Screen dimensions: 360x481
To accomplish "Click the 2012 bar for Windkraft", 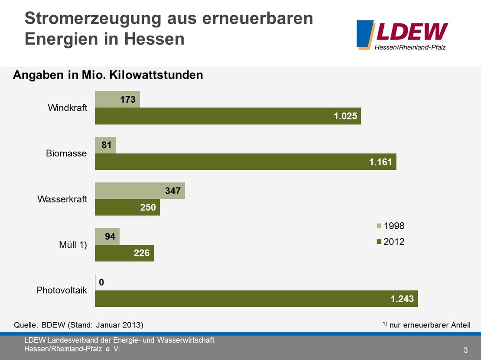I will click(228, 116).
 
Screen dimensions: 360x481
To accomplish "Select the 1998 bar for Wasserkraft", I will click(140, 191).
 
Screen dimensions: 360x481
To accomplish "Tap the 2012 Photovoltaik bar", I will click(256, 298).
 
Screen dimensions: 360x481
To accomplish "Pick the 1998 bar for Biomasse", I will click(106, 145).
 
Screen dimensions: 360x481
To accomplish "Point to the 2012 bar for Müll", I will click(124, 253).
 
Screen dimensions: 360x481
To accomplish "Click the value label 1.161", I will click(380, 162).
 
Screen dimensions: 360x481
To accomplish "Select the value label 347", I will click(172, 191).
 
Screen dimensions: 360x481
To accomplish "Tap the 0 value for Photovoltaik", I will click(101, 282).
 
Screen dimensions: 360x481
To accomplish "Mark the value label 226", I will click(141, 253).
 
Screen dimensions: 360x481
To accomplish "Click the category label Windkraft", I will click(67, 108).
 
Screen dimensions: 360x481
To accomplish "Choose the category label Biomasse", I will click(66, 153).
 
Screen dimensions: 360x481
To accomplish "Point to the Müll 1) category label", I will click(73, 245).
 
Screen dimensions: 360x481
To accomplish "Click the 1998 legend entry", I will click(390, 226).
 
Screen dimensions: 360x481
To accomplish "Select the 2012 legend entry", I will click(390, 242).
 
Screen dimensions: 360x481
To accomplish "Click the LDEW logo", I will click(402, 34).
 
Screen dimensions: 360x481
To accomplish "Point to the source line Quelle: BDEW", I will click(78, 324).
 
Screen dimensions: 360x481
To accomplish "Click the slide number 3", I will click(465, 350).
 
